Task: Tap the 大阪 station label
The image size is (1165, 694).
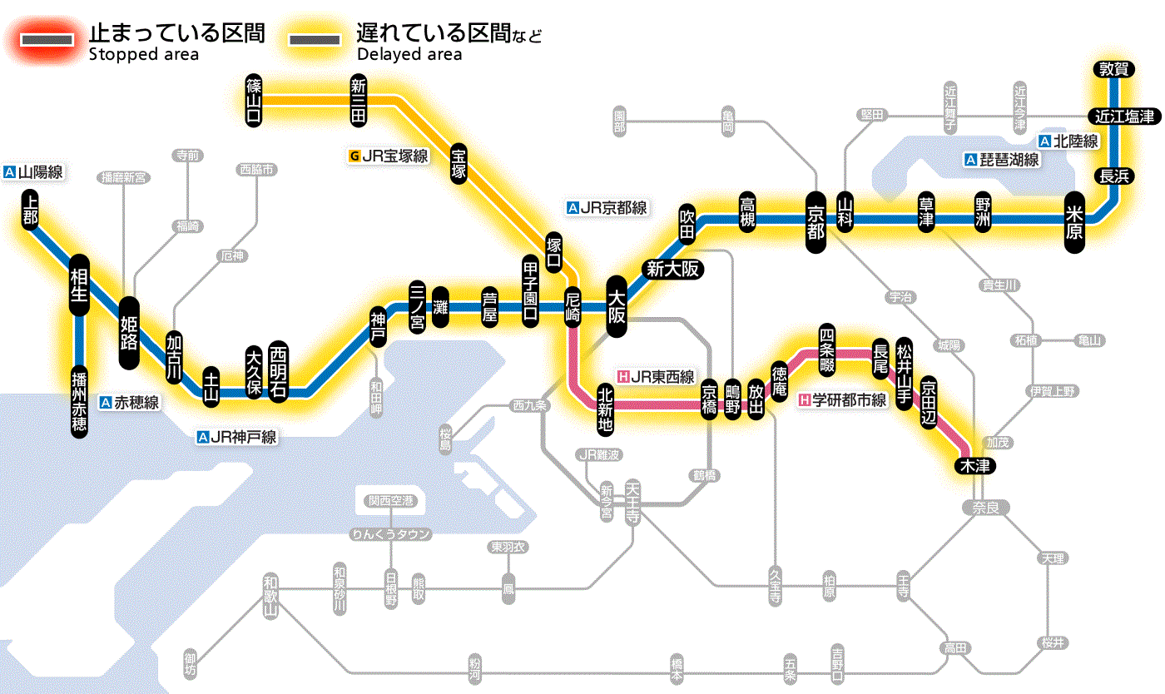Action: (x=617, y=307)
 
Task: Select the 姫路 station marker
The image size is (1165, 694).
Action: (x=130, y=333)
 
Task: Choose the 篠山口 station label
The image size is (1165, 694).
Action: (x=254, y=100)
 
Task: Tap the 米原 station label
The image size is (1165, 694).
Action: (x=1075, y=221)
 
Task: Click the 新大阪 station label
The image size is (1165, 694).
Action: (x=673, y=269)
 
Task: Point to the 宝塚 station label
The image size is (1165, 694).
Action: (x=459, y=163)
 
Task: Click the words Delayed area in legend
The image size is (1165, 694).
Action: (x=409, y=54)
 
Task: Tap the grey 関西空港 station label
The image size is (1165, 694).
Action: (x=391, y=501)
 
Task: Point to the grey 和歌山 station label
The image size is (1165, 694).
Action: (x=270, y=595)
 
